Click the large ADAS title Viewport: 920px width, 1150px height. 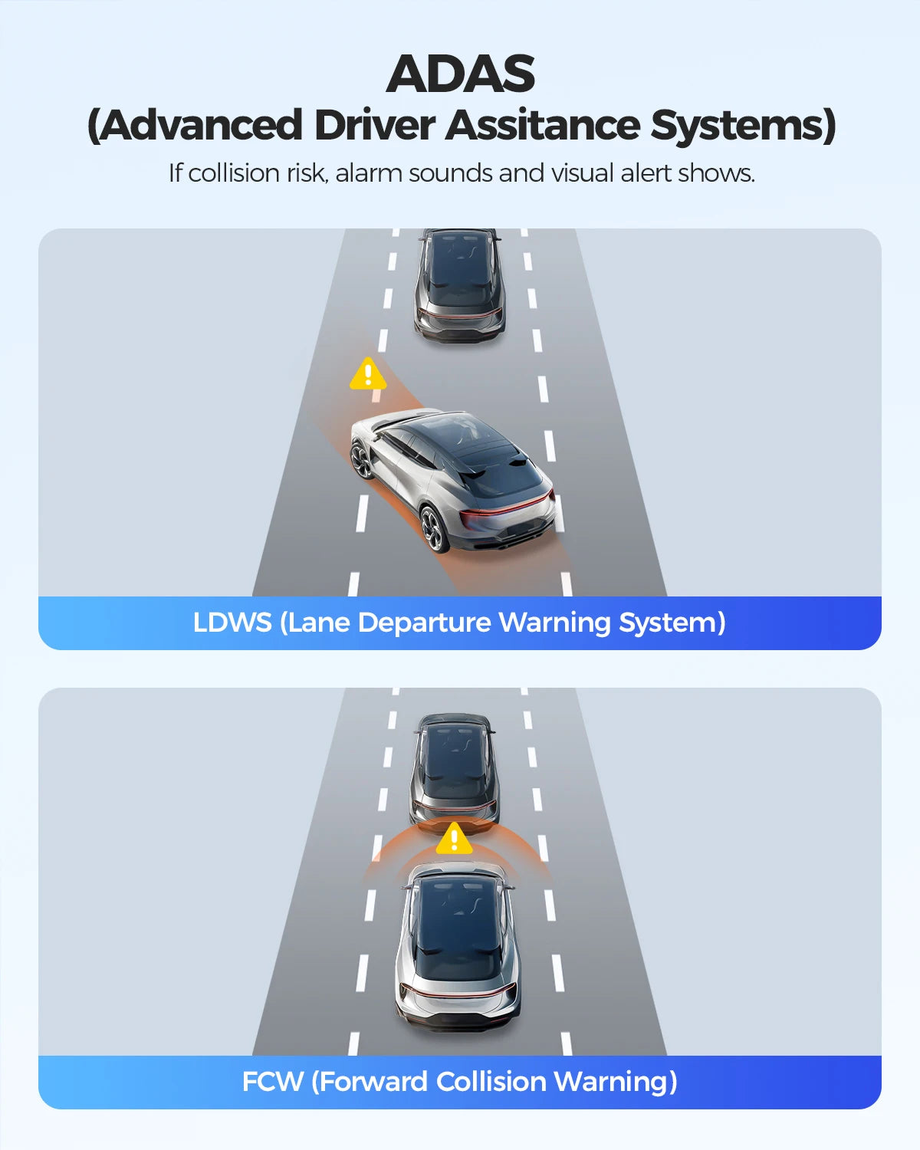point(460,74)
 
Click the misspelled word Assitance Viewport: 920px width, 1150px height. point(543,125)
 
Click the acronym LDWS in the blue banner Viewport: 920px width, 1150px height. point(232,623)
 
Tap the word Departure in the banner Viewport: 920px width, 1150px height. point(425,623)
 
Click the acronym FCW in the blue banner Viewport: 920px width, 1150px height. point(272,1082)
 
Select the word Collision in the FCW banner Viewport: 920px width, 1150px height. point(491,1082)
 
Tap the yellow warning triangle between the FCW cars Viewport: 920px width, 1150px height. point(454,838)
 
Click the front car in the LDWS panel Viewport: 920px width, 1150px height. point(460,284)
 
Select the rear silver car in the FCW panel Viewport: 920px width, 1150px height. point(458,947)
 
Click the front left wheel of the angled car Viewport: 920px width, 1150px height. point(363,460)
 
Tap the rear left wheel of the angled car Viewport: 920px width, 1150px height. point(435,529)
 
